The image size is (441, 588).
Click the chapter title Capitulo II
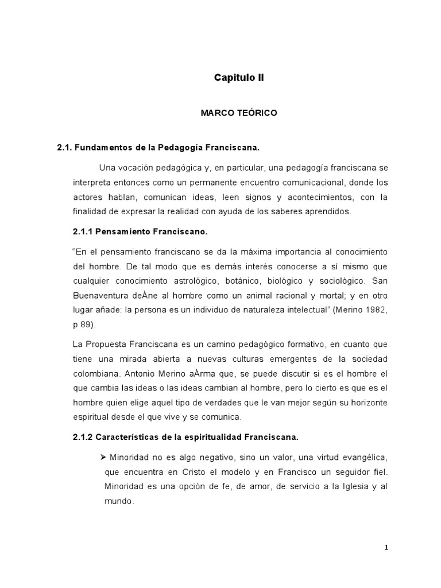pyautogui.click(x=238, y=76)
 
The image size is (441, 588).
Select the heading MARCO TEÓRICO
pyautogui.click(x=238, y=113)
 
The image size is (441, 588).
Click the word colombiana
pyautogui.click(x=96, y=374)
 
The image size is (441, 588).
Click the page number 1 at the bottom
pyautogui.click(x=386, y=548)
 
